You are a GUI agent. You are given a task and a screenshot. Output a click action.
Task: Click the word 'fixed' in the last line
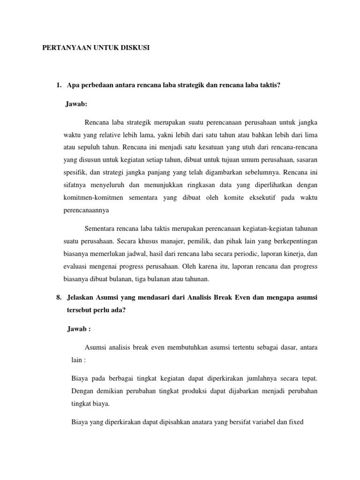point(296,421)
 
